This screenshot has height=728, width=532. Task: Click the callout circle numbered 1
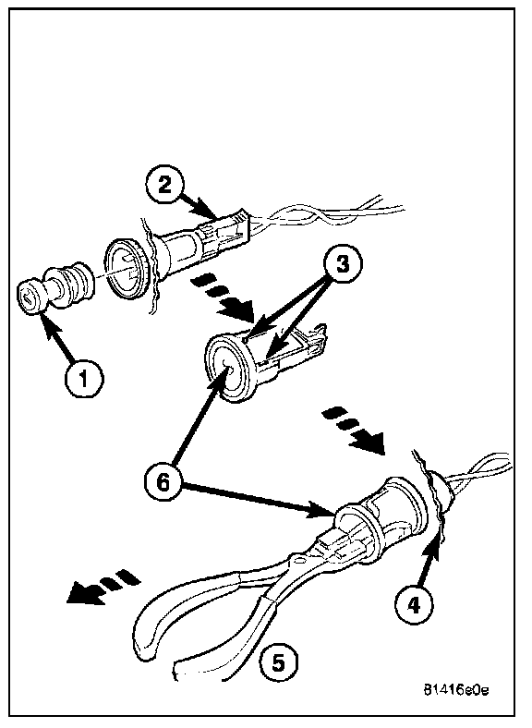pos(84,379)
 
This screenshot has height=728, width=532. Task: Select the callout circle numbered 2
pos(164,187)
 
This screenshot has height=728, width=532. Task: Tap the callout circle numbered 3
pos(342,265)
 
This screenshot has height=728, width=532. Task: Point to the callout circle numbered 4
pos(413,604)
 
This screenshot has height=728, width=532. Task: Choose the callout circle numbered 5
pos(278,662)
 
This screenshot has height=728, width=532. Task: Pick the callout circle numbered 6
pos(163,483)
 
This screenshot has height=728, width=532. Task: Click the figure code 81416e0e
pos(456,690)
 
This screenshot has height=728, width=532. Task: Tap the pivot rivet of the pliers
pos(297,561)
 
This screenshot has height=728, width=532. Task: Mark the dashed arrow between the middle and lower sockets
pos(354,431)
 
